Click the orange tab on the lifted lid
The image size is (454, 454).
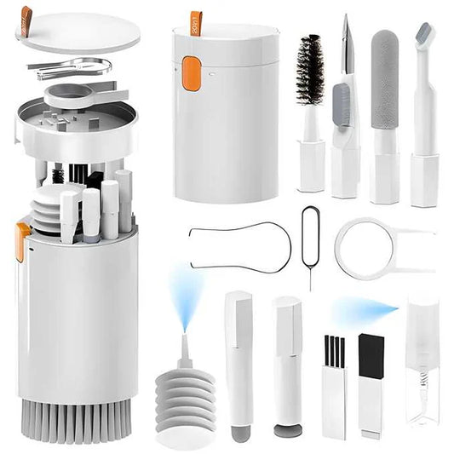click(x=26, y=14)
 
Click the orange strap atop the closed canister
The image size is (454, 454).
click(x=197, y=20)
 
